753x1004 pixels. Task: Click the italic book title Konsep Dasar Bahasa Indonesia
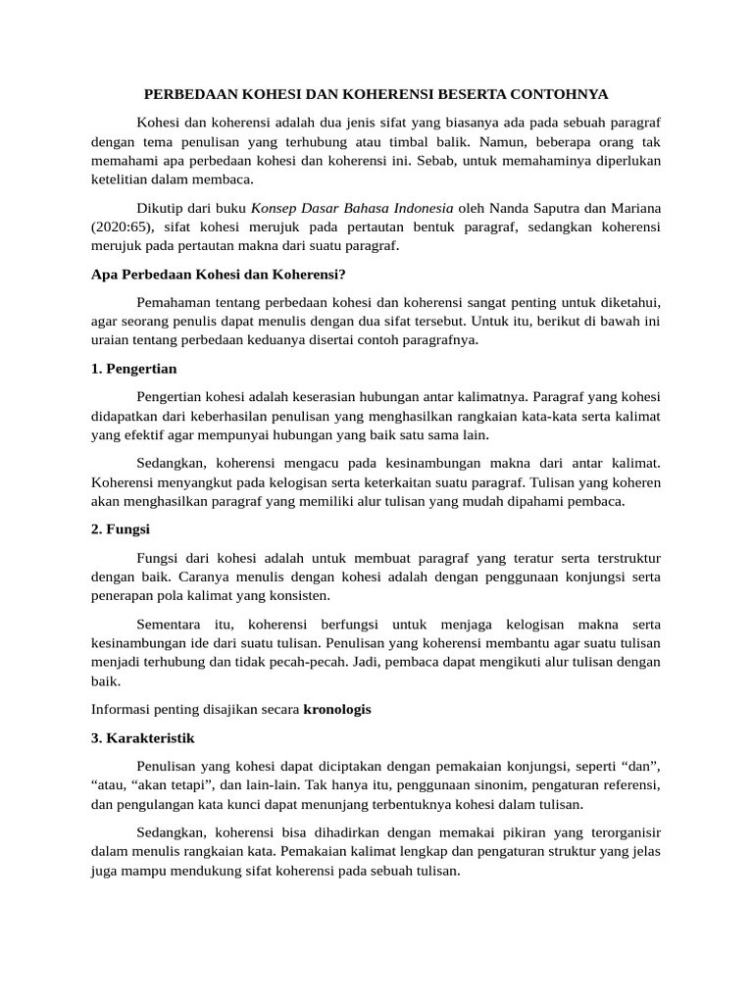(x=352, y=208)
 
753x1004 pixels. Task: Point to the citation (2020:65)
(x=120, y=226)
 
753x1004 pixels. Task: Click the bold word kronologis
(x=337, y=709)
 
